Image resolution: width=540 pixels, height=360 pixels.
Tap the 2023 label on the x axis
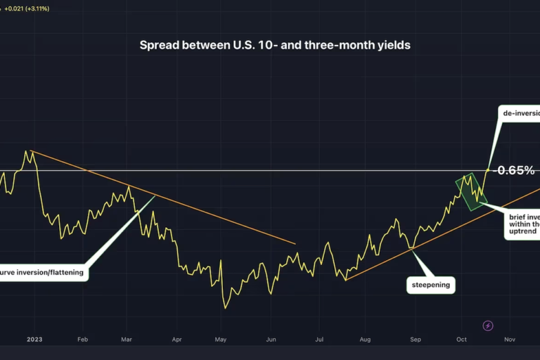pos(34,339)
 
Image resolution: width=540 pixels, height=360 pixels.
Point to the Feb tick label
pos(82,339)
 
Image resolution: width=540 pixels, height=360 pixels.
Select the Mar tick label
pos(127,339)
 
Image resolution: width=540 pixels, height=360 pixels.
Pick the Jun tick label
pos(271,339)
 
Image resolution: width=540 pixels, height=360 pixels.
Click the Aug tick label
pos(365,339)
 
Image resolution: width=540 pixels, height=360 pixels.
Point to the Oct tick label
pos(461,339)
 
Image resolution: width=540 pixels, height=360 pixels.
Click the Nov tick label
pos(510,339)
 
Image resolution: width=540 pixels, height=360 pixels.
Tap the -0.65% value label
pos(515,170)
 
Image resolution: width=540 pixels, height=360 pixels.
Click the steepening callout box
pos(430,285)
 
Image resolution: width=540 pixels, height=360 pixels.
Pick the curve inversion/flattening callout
pos(44,271)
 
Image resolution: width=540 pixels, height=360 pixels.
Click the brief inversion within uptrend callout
pos(522,223)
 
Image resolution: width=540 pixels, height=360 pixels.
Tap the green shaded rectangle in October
pos(470,191)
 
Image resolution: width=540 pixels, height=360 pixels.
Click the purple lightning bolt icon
pos(488,326)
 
